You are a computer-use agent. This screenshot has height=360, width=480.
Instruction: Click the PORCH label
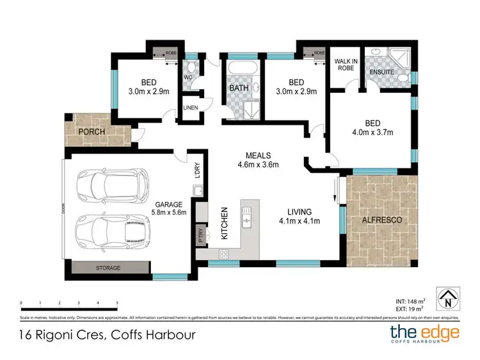pyautogui.click(x=91, y=132)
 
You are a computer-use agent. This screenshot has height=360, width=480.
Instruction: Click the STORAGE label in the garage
pyautogui.click(x=108, y=268)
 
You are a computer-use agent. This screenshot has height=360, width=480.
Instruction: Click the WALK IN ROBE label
pyautogui.click(x=344, y=65)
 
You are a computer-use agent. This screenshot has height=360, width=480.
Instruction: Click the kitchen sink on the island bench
pyautogui.click(x=247, y=217)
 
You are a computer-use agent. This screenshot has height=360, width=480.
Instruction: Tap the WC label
pyautogui.click(x=188, y=78)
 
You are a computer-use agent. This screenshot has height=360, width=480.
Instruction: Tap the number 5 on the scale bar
pyautogui.click(x=117, y=302)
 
